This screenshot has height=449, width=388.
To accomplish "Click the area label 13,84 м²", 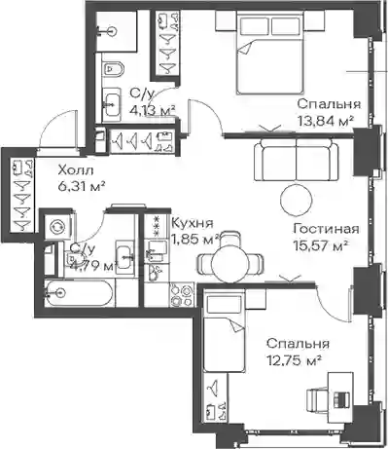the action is coord(325,122).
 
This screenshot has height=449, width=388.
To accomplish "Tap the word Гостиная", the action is coord(326,229).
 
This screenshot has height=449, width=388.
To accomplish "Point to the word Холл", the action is coord(76,169).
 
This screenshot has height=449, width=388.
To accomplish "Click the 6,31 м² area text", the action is coord(81,186).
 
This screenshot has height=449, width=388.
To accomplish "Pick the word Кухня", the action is coord(193,223).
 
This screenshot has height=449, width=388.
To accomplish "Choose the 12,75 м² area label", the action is coord(294,359).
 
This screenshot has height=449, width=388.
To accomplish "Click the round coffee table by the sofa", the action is coord(296,200).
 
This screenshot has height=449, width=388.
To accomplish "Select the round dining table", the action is coord(231,263).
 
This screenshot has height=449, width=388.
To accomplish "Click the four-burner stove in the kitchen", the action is coord(181,294).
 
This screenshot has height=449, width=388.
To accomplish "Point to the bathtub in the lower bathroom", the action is coord(79,293).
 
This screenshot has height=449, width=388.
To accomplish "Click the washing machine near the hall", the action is coord(57,227).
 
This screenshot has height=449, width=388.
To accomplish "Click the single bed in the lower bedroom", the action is coord(224,331).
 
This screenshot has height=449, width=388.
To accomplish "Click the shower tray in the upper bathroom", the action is coord(117,31).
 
